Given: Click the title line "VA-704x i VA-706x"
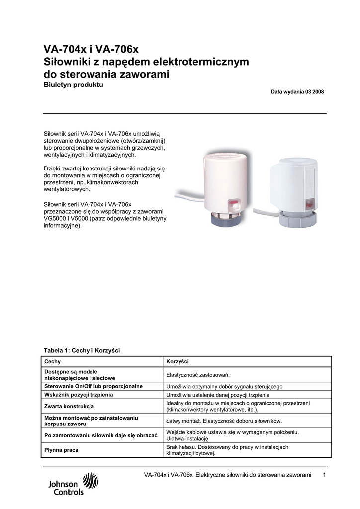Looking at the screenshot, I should (91, 50).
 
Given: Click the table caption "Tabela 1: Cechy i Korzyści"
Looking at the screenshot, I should (82, 350).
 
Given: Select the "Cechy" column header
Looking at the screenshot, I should (53, 361).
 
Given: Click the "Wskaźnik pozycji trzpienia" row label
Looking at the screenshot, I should (79, 395).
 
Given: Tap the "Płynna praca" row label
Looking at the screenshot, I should (61, 450).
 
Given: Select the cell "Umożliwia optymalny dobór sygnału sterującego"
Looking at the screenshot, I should (224, 386).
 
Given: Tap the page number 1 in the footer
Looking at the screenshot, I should (324, 476).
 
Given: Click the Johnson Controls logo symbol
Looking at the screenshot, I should (90, 481).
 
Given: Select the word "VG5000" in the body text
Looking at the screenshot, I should (56, 219).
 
